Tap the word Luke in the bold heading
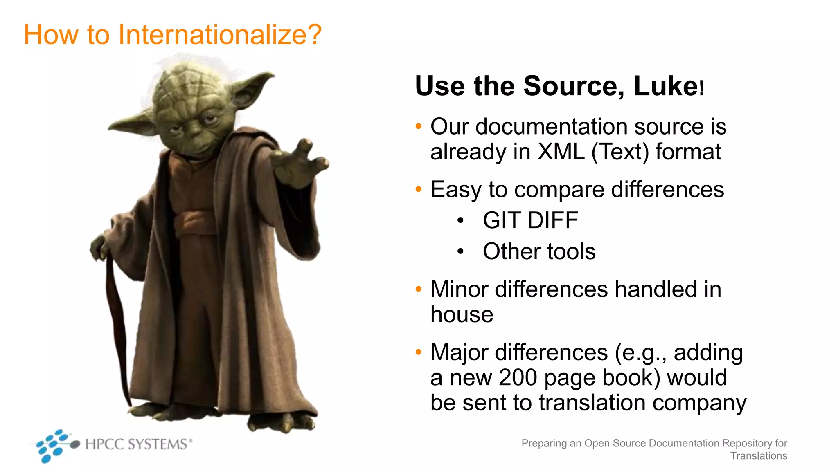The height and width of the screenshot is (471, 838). [665, 86]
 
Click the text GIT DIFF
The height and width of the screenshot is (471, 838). [530, 220]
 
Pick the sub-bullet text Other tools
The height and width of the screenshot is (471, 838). [539, 251]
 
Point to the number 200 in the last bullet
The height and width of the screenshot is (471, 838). [517, 377]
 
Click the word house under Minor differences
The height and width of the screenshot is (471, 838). [462, 314]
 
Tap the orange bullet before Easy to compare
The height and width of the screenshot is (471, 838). [418, 189]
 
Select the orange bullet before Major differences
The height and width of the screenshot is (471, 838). [418, 352]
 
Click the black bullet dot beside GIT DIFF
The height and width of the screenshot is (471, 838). [460, 221]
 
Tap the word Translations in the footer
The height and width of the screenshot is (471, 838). [758, 456]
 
